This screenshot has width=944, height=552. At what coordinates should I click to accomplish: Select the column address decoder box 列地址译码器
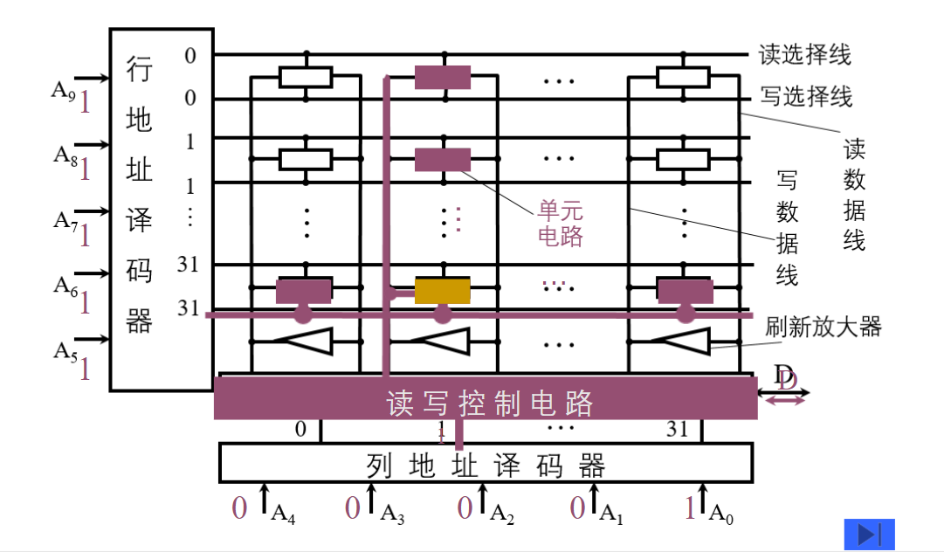pos(485,463)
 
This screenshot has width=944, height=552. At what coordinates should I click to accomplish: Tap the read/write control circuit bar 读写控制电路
pos(486,403)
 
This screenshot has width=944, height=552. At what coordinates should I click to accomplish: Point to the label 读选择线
pos(804,55)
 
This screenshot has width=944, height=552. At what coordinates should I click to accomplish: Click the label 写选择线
pos(806,96)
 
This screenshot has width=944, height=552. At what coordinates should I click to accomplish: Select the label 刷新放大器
pos(823,328)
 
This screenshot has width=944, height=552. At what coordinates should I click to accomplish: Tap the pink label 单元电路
pos(561,224)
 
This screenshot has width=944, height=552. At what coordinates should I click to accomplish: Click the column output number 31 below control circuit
pos(678,429)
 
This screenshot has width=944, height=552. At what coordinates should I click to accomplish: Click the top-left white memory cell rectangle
pos(306,77)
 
